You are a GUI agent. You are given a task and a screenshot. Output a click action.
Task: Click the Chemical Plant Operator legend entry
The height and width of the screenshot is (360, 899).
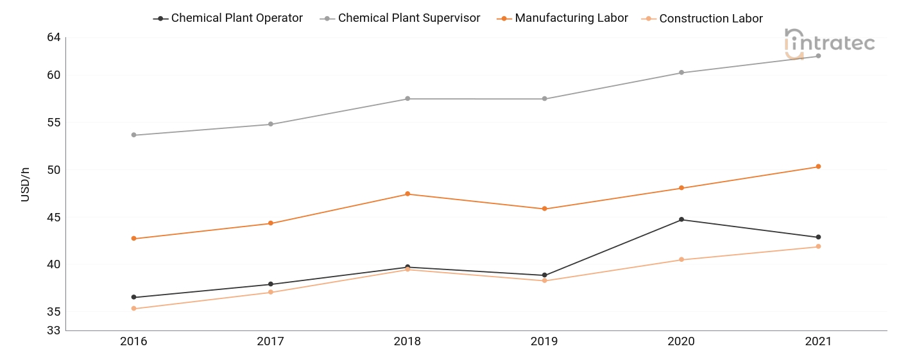coord(228,18)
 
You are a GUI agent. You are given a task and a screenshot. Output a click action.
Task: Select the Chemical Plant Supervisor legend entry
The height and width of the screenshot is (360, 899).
coord(400,18)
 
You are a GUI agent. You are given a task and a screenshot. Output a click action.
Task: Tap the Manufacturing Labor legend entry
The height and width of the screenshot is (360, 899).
coord(562,18)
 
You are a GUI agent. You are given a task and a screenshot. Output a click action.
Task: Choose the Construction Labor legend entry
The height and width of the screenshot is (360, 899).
coord(702,19)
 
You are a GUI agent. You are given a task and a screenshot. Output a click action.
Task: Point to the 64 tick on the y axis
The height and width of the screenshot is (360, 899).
coord(54,37)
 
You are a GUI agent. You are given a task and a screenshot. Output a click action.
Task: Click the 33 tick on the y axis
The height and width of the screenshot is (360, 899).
coord(54,330)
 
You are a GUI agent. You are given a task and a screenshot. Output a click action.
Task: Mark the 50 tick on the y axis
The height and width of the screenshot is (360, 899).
coord(54,170)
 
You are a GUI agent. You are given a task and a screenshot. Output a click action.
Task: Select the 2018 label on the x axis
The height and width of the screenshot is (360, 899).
coord(407,341)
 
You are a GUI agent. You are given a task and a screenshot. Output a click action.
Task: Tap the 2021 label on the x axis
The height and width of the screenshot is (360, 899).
coord(818,341)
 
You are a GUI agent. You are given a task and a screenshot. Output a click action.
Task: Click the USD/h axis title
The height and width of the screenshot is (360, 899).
coord(25,185)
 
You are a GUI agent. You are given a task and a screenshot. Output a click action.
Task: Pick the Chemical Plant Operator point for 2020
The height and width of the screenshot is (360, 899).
coord(681,219)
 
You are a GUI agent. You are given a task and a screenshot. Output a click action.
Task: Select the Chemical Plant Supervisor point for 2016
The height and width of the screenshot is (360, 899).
coord(133,135)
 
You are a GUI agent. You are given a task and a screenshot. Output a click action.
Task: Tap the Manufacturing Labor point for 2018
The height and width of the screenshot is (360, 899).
coord(407,194)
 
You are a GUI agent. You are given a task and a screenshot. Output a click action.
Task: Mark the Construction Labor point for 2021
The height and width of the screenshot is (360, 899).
coord(818,246)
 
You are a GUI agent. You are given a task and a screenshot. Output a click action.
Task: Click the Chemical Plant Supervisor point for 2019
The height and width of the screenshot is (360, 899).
coord(545,99)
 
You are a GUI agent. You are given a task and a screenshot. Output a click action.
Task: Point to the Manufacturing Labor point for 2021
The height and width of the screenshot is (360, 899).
coord(818,167)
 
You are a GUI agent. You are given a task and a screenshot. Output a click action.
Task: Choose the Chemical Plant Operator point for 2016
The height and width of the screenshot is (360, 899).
coord(133,297)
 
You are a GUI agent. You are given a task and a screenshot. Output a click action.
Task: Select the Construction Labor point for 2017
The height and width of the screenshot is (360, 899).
coord(271,292)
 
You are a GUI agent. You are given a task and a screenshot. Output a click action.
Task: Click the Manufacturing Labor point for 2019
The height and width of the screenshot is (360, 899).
coord(545,209)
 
